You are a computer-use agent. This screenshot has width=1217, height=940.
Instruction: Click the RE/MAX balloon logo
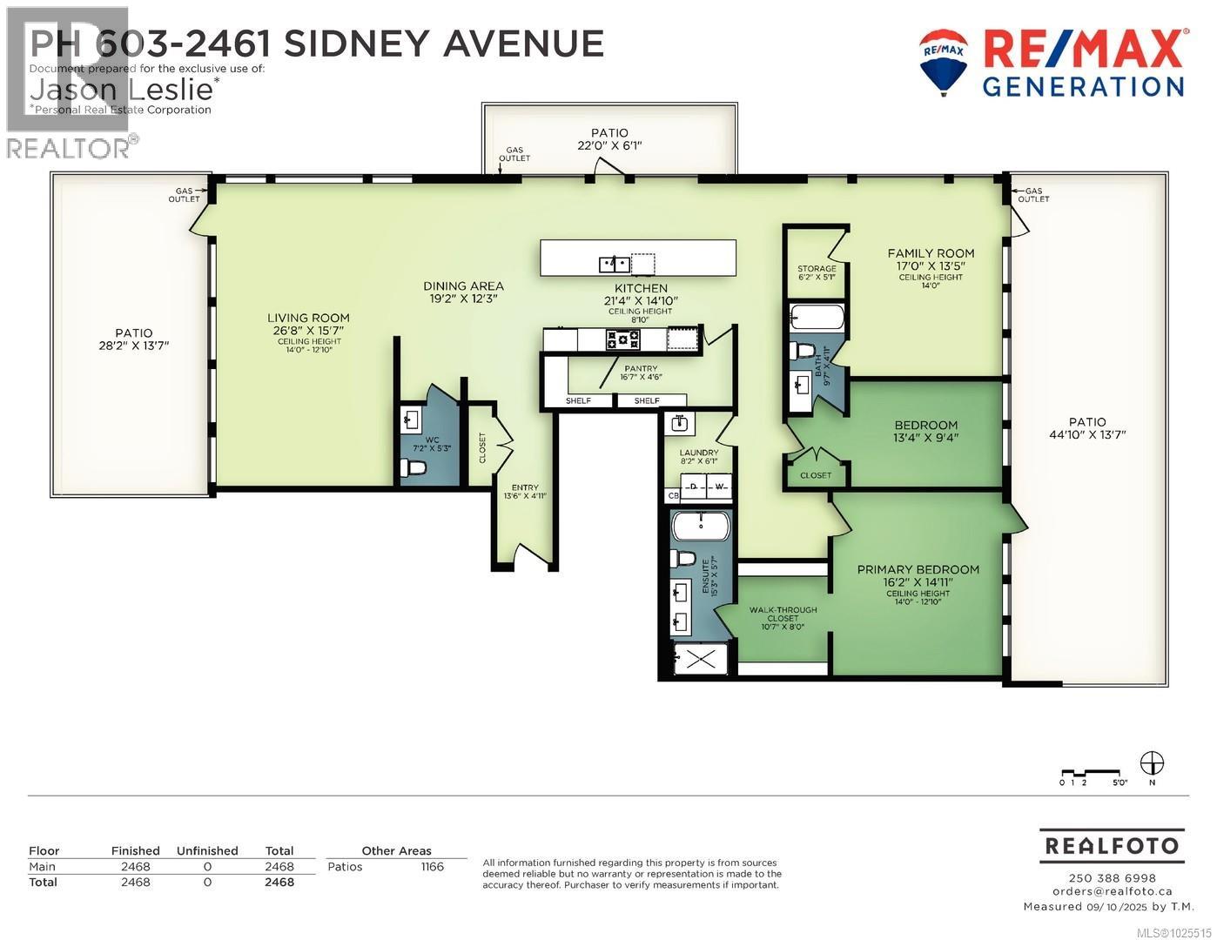[944, 61]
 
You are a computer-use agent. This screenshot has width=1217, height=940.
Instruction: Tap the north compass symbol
[1152, 762]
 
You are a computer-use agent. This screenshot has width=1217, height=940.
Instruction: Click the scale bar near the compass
[1089, 772]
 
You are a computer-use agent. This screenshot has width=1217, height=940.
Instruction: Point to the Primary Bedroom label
[918, 570]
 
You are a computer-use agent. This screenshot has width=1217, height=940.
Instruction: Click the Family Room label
[931, 253]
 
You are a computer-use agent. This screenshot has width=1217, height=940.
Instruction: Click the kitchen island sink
[615, 262]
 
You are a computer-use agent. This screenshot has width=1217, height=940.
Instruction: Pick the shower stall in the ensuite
[701, 659]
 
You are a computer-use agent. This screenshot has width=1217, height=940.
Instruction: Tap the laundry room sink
[680, 424]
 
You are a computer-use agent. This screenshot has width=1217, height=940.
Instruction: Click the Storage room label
[817, 269]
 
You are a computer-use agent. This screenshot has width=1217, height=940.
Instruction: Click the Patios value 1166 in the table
[432, 867]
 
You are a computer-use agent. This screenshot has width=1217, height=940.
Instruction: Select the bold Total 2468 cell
[279, 882]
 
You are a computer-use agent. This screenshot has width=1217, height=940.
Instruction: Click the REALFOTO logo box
[1112, 845]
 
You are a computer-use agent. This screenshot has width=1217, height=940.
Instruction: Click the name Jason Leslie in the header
[121, 89]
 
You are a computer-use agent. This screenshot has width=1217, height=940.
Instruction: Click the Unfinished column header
[207, 851]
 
